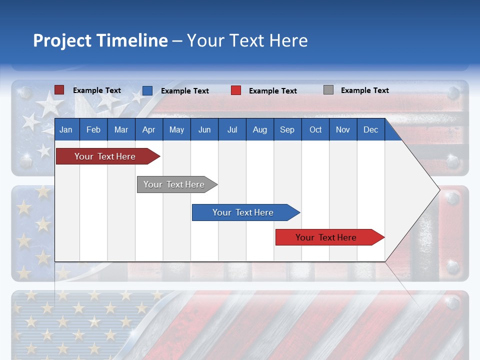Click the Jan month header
click(x=66, y=130)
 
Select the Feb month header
click(x=93, y=130)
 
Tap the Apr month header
click(x=148, y=130)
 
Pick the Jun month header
click(x=204, y=130)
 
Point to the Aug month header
click(x=259, y=130)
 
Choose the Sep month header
click(x=287, y=130)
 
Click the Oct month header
click(x=315, y=130)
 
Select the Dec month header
click(x=370, y=130)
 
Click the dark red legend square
click(x=59, y=90)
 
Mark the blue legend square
click(x=147, y=90)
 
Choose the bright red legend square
click(x=236, y=90)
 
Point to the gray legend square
click(x=328, y=90)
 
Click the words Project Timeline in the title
click(x=100, y=40)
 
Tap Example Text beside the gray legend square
click(x=364, y=90)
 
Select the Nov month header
click(x=343, y=130)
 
